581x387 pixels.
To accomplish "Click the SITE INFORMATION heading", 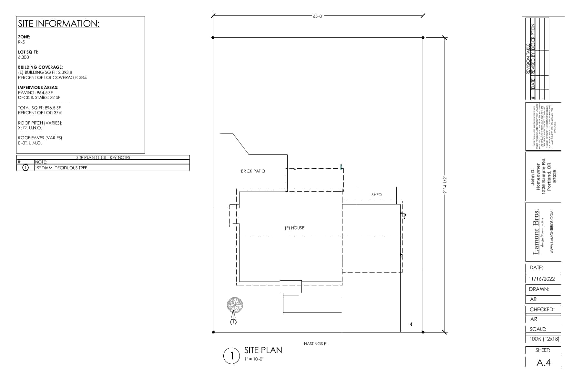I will [59, 24].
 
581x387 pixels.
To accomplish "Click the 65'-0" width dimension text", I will [318, 16].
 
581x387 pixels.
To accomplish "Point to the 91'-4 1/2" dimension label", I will [445, 185].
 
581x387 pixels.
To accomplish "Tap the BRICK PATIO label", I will [253, 171].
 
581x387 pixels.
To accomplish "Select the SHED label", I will [376, 195].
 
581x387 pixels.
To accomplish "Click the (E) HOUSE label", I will [294, 228].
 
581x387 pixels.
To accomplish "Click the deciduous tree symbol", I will [235, 304].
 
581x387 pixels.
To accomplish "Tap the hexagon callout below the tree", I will [233, 322].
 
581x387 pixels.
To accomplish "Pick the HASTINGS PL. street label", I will [316, 344].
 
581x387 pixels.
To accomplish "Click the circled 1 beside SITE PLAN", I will [231, 356].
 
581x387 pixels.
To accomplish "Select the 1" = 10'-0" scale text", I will [254, 359].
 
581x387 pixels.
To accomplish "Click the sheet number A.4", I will [543, 362].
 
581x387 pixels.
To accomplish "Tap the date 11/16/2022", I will [542, 279].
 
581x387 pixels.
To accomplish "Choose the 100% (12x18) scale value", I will [544, 339].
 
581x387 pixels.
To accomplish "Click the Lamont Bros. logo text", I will [536, 232].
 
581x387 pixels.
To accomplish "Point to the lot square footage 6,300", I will [24, 57].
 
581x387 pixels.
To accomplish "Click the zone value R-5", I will [21, 42].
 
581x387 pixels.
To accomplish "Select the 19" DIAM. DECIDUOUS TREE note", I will [61, 168].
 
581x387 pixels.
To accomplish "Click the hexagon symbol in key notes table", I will [25, 168].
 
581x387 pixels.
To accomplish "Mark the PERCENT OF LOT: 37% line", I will [40, 113].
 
